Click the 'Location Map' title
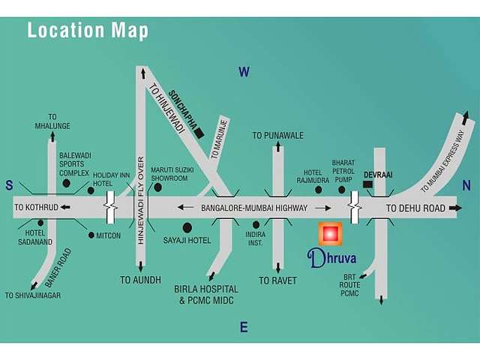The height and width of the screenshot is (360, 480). pos(88,31)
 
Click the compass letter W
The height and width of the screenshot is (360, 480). pos(244,72)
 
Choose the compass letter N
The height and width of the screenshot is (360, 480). pos(466,186)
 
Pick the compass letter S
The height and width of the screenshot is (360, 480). pos(10,185)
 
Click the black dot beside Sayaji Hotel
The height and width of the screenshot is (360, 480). pos(187,226)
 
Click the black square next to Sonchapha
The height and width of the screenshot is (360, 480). pos(199,133)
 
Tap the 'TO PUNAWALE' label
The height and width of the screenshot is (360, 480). pos(277,136)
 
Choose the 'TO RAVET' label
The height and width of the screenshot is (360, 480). pos(277,280)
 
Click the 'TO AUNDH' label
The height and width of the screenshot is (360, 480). pos(140,279)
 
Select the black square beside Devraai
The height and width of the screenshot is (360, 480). pos(367,184)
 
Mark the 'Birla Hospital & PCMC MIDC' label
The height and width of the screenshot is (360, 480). pos(207,295)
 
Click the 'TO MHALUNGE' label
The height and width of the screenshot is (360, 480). pos(52,121)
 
